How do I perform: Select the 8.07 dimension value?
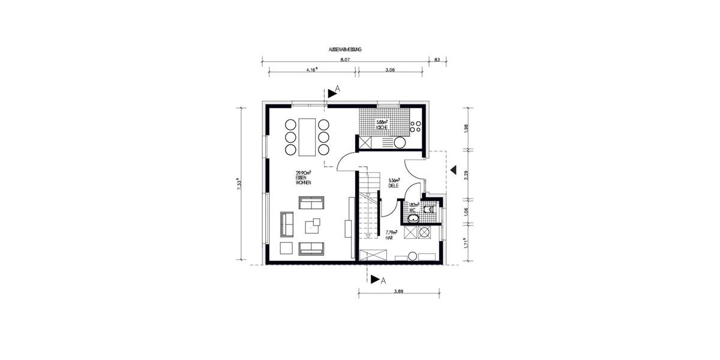point(345,60)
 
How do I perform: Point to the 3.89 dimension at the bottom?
point(398,291)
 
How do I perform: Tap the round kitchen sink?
point(398,142)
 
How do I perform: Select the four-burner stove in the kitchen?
point(415,126)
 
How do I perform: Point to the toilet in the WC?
point(428,209)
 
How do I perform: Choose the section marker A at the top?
point(334,90)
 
